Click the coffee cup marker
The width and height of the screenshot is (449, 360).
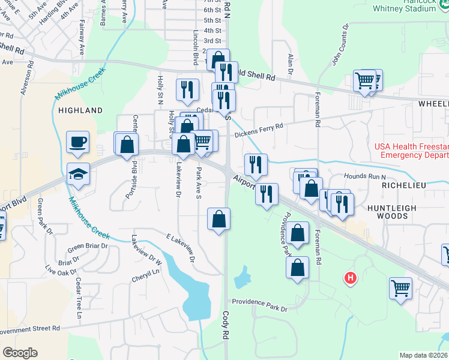(x=77, y=143)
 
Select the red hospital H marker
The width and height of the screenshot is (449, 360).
(x=349, y=278)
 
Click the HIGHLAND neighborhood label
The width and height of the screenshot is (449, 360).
(x=80, y=110)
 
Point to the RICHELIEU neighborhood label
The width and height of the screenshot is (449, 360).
(x=403, y=186)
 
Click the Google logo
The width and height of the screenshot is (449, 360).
(x=20, y=352)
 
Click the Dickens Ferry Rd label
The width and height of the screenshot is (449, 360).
(x=258, y=130)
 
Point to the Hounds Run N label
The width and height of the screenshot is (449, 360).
(x=364, y=176)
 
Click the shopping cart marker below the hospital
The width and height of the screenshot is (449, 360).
(x=400, y=287)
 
